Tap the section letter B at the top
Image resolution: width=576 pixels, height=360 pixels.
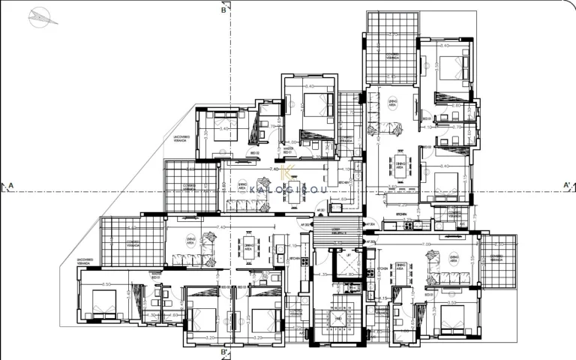tap(223, 10)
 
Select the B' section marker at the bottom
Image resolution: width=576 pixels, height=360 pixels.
tap(224, 352)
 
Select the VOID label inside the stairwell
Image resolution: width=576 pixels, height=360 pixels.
tap(339, 319)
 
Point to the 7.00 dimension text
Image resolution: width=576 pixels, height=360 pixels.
tap(427, 244)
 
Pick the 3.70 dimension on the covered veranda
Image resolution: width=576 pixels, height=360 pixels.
tap(391, 35)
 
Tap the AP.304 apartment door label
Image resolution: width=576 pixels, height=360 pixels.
tap(368, 224)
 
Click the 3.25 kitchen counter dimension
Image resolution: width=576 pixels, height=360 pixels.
tap(403, 204)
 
